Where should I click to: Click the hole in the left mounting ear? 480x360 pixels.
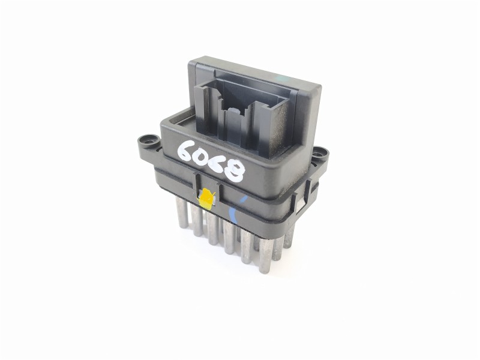point(145,143)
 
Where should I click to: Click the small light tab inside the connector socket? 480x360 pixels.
point(233,111)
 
